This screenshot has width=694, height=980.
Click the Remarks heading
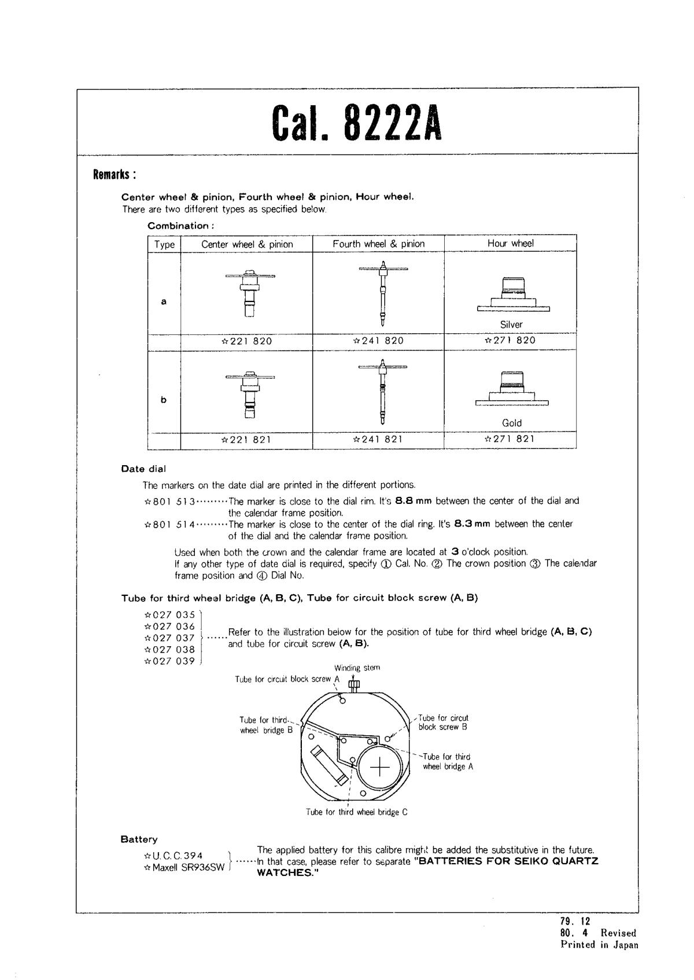(x=115, y=175)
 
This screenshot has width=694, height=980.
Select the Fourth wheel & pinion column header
(x=378, y=244)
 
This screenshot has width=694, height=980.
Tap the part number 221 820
(x=247, y=341)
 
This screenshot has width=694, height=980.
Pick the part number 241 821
(x=378, y=440)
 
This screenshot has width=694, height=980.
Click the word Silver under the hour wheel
(x=511, y=325)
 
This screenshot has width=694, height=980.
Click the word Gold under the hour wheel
(x=512, y=423)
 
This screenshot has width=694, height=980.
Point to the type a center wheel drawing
(x=250, y=293)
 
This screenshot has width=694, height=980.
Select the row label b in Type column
(x=164, y=400)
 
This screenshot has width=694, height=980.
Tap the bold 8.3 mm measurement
(x=472, y=524)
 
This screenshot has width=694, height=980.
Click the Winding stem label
(x=357, y=668)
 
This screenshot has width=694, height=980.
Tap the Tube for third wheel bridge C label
(x=356, y=812)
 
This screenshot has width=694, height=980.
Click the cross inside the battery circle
(x=380, y=767)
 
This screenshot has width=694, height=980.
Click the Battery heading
(x=139, y=839)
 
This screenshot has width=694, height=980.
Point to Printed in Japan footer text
(x=599, y=945)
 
